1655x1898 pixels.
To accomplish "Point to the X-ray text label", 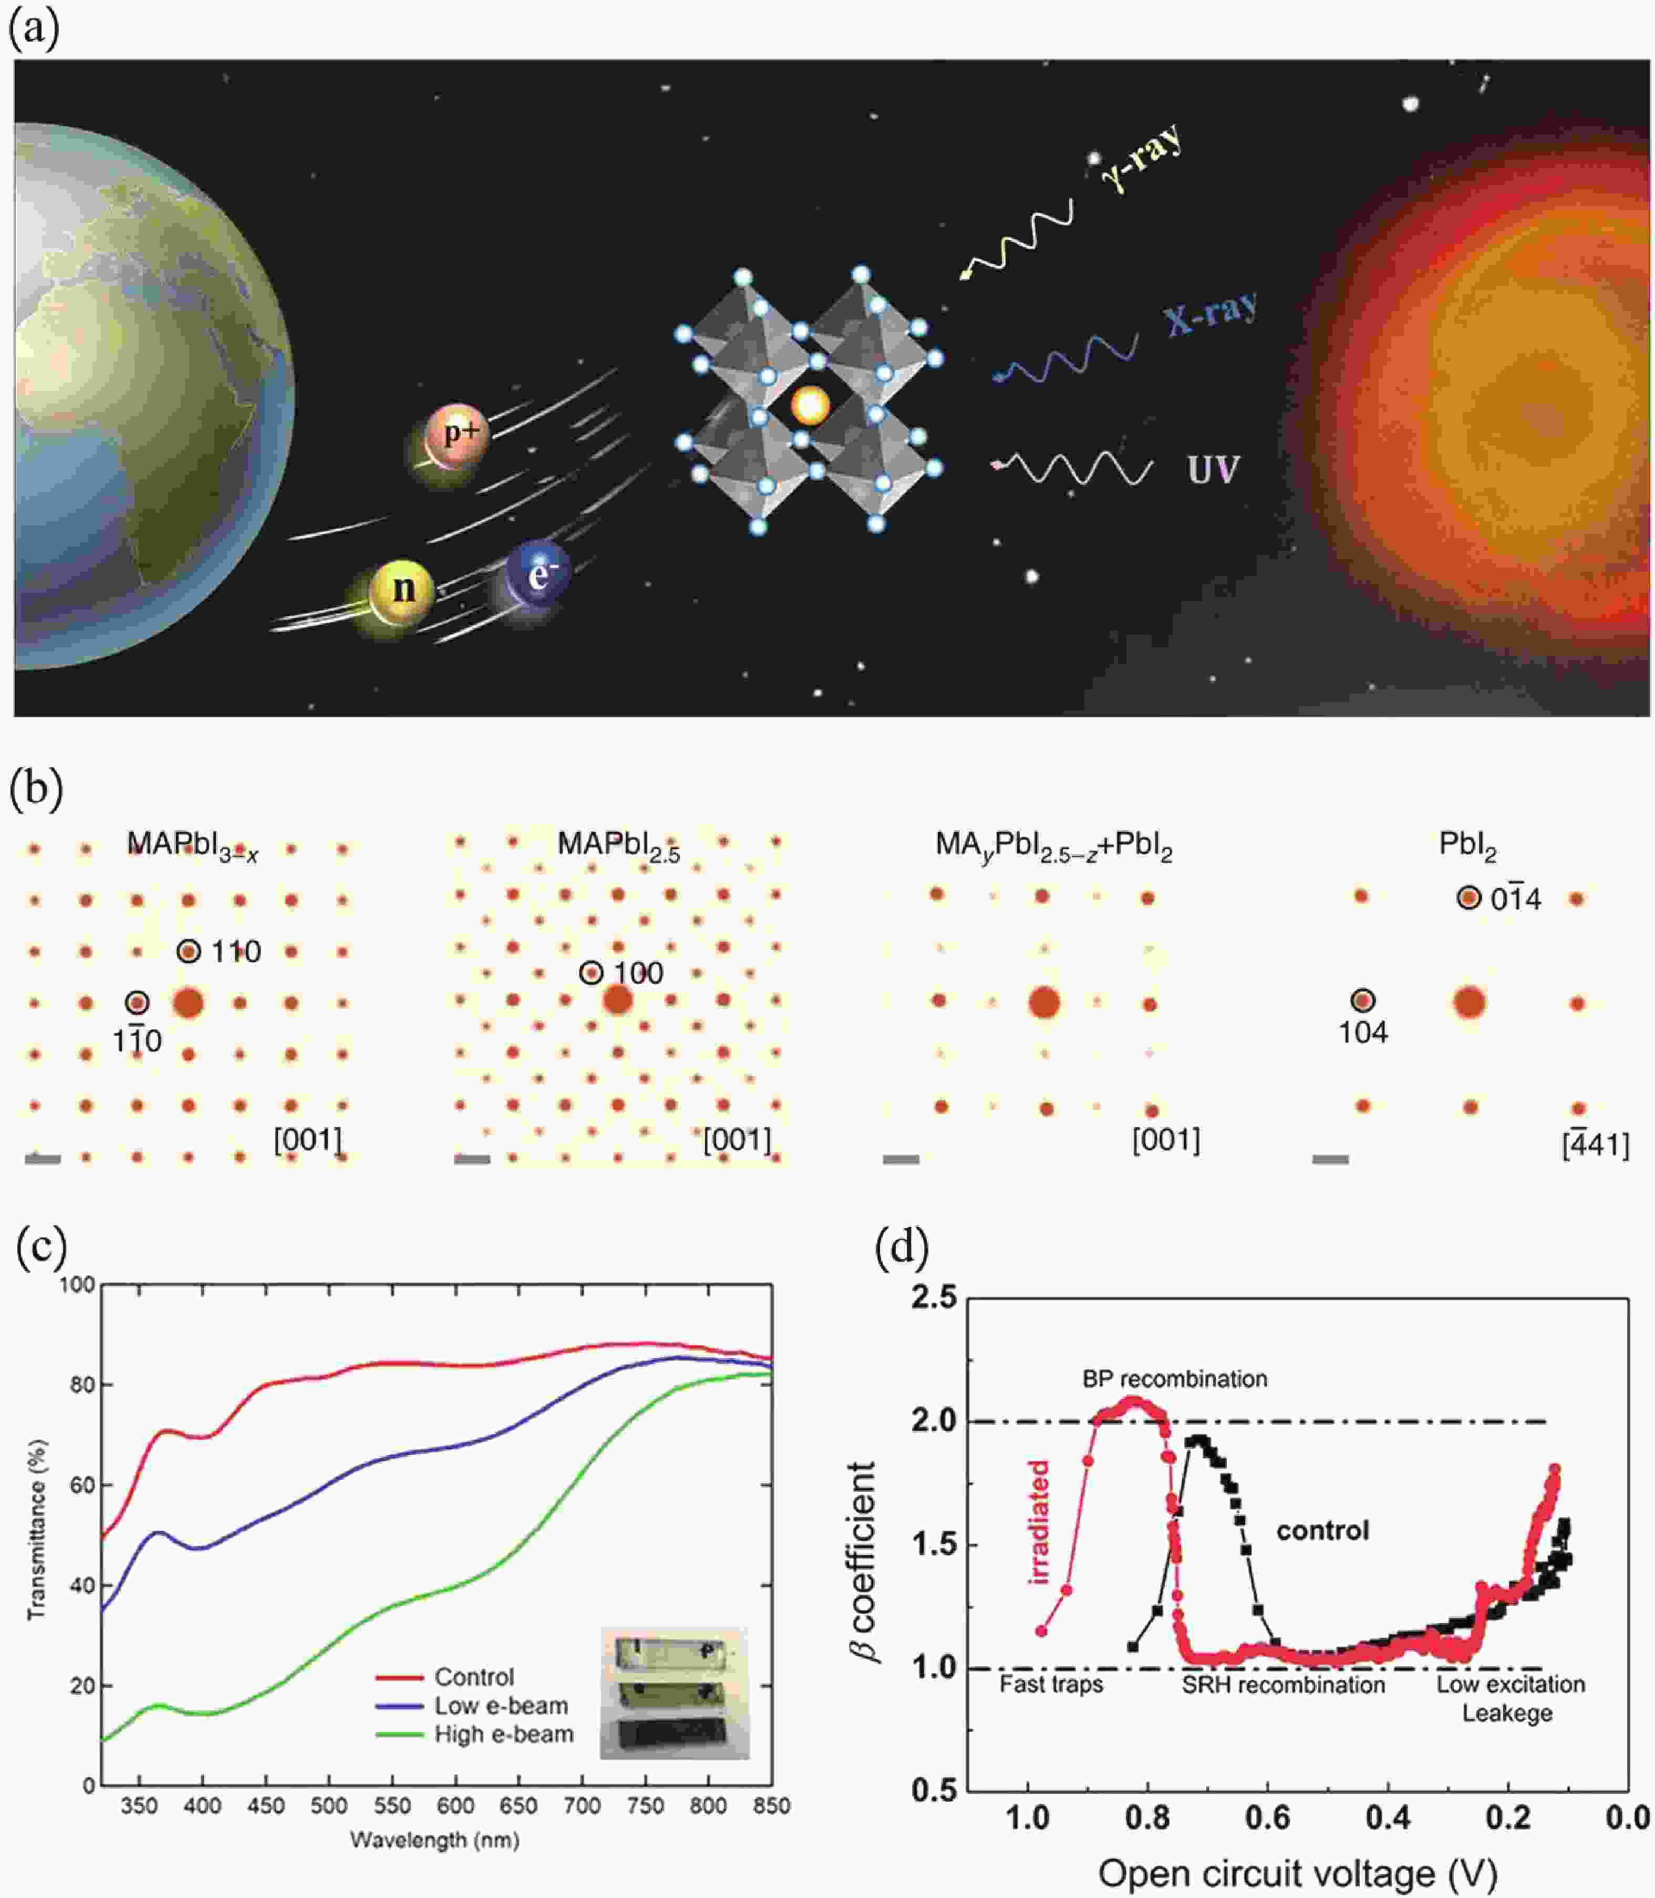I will coord(1211,315).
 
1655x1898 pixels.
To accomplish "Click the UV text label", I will coord(1213,469).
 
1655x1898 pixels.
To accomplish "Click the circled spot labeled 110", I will coord(189,951).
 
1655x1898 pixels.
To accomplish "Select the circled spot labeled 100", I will coord(591,973).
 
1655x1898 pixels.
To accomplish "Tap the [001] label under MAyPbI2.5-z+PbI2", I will coord(1165,1140).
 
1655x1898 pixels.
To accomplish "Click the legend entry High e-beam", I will coord(503,1735).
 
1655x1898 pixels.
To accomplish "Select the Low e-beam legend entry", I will coord(501,1706).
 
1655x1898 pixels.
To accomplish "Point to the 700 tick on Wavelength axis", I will coord(582,1806).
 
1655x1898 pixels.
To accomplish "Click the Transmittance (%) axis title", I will coord(36,1529).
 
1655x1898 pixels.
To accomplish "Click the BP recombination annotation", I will coord(1174,1379).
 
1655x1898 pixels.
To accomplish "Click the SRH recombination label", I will coord(1283,1685).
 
